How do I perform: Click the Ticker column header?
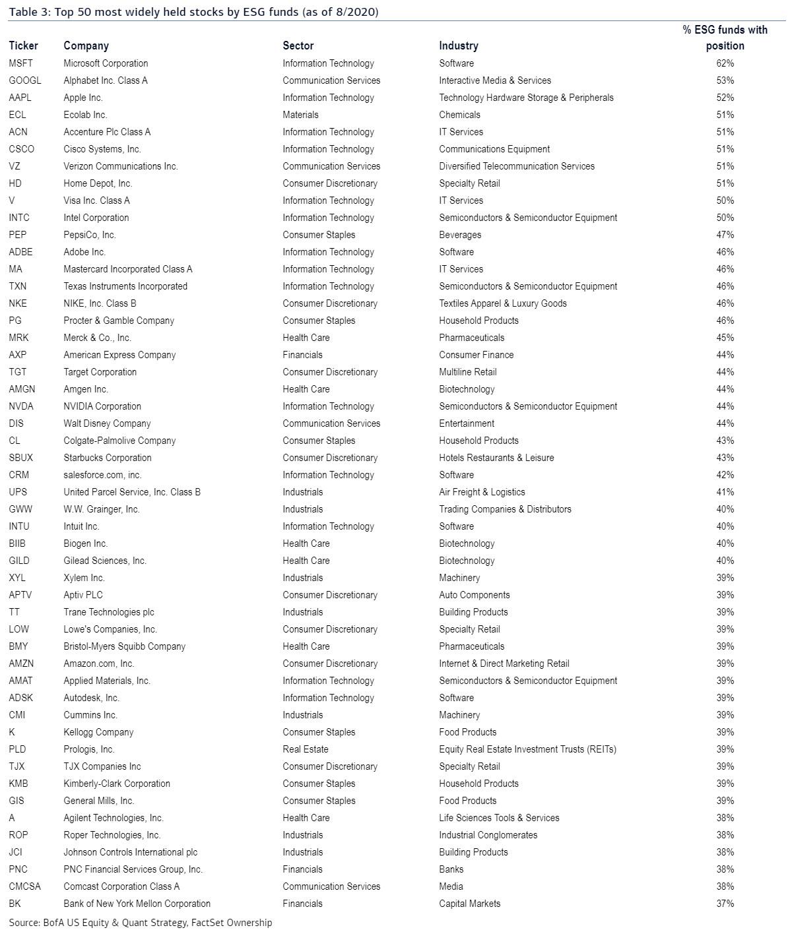coord(24,46)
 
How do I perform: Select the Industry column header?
coord(459,46)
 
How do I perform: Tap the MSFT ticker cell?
coord(20,63)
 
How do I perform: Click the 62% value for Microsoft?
coord(725,63)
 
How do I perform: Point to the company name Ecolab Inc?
coord(85,115)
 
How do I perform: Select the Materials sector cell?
coord(300,115)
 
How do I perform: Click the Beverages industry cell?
coord(460,235)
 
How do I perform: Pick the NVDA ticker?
coord(21,406)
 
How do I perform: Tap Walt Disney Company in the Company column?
coord(107,423)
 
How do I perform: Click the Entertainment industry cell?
coord(467,423)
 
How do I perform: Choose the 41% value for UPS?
coord(725,492)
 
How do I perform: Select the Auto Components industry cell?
coord(475,595)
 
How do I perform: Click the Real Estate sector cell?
coord(306,749)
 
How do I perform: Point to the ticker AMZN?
coord(21,664)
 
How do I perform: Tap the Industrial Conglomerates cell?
coord(488,835)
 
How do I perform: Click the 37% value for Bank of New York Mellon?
coord(725,904)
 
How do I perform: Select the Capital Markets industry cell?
coord(470,904)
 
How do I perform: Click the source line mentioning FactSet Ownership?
coord(141,923)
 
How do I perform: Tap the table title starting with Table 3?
coord(193,12)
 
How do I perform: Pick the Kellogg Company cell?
coord(98,732)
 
